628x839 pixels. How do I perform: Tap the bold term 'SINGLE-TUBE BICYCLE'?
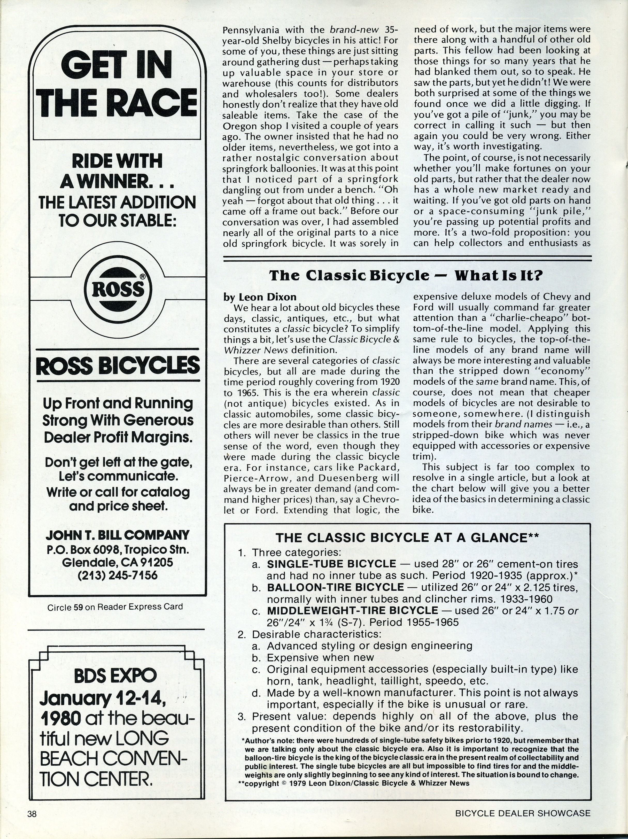point(331,564)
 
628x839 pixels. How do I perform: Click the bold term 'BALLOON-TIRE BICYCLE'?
point(335,587)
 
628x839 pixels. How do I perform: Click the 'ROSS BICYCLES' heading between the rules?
point(118,365)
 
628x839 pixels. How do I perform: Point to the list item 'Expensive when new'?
point(320,657)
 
